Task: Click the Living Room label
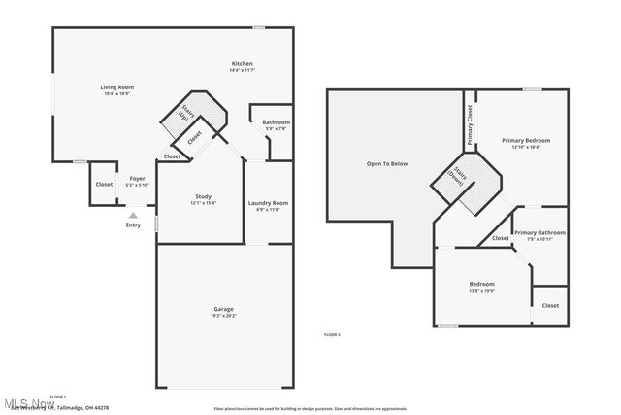[x=117, y=87]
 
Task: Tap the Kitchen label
[x=242, y=64]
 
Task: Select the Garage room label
[x=223, y=309]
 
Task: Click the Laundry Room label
[x=268, y=203]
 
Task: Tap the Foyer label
[x=138, y=179]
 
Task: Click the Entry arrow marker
[x=133, y=215]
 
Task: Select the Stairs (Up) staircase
[x=184, y=113]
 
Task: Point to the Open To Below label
[x=386, y=163]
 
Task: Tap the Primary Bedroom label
[x=526, y=141]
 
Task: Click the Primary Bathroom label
[x=539, y=232]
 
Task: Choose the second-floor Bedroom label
[x=482, y=284]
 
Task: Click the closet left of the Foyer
[x=104, y=184]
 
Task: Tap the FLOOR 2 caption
[x=332, y=334]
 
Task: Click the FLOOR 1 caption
[x=57, y=397]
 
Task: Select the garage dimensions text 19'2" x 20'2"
[x=223, y=316]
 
